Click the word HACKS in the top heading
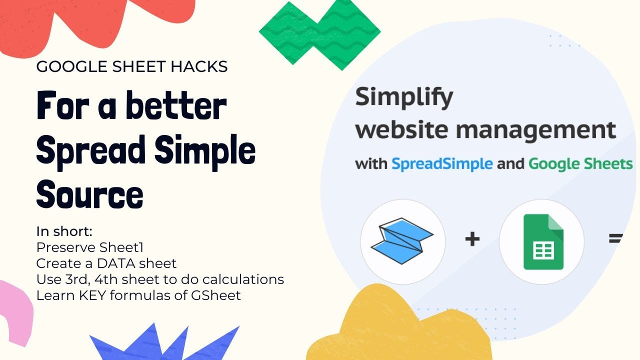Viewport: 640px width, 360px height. (199, 66)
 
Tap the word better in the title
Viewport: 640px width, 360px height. (176, 105)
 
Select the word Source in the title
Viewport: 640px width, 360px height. (89, 194)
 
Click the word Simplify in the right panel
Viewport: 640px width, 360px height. (404, 98)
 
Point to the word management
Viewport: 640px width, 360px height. (536, 130)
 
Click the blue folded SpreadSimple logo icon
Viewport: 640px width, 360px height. (402, 241)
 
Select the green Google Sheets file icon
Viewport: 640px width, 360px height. (543, 241)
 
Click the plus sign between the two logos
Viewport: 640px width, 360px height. (472, 239)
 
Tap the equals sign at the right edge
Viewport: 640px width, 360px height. (615, 238)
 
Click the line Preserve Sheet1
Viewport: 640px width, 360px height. (89, 247)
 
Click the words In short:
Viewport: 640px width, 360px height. (64, 231)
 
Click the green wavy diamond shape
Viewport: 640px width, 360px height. (319, 34)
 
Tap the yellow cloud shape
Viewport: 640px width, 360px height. (397, 328)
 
